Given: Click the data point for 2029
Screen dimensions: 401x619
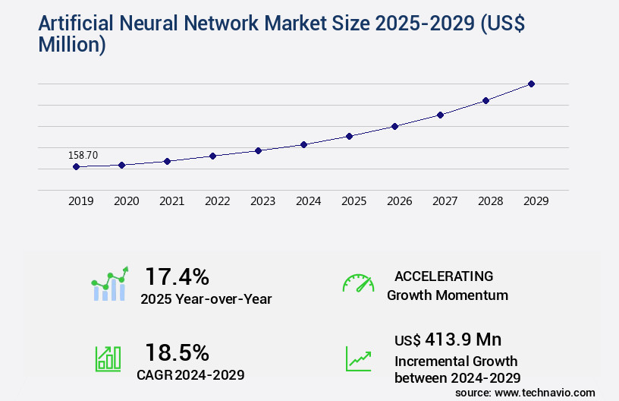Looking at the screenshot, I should point(531,84).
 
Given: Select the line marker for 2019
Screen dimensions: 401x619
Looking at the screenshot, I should point(76,166).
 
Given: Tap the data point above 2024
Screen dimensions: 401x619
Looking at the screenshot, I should point(303,144).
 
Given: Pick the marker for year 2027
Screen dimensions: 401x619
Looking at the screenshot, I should point(440,115).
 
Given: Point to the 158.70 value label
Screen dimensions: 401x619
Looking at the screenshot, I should point(83,155).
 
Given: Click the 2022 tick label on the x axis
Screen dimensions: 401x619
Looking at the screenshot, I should point(218,201).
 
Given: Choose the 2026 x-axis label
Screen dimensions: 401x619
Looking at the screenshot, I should point(400,201).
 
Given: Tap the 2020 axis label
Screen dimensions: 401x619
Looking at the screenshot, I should point(127,201).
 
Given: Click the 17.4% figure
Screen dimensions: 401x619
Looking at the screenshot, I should point(177,276).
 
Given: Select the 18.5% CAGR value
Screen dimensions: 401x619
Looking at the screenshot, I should point(177,352).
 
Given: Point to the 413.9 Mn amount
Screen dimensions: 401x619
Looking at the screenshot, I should point(463,339).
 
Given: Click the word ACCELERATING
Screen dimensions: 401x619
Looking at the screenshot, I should point(444,276).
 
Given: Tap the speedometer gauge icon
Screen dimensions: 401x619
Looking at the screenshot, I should point(358,283).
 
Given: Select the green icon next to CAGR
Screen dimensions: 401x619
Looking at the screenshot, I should point(108,358).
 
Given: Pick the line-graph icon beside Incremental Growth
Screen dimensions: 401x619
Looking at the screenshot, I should point(358,358).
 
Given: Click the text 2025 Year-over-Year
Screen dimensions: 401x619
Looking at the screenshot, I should point(206,299).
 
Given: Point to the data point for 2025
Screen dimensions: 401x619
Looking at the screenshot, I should point(349,136).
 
